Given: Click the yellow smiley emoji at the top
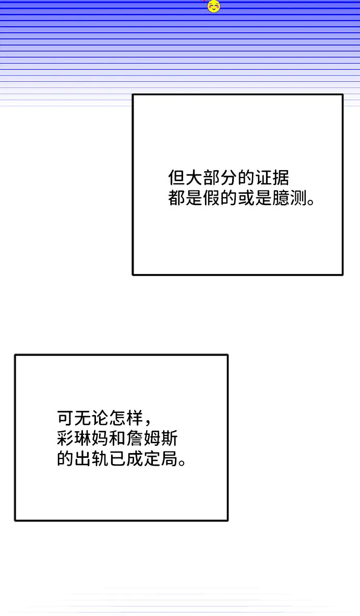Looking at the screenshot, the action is click(213, 6).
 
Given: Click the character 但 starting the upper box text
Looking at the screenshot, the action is click(176, 178).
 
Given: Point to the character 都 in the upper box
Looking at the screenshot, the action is click(176, 198).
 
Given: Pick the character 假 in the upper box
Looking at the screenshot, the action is click(211, 198).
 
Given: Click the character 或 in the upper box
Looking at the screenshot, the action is click(245, 198).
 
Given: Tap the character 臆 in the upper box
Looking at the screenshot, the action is click(280, 198).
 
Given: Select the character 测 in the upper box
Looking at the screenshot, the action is click(297, 198).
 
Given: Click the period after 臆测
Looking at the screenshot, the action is click(311, 203).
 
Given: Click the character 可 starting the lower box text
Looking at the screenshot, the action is click(65, 418).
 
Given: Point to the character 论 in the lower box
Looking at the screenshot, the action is click(100, 418).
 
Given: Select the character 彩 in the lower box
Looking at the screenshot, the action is click(65, 439).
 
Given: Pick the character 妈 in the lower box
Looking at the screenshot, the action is click(100, 439).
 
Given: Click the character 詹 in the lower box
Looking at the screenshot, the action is click(134, 439).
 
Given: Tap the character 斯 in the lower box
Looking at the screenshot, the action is click(169, 439).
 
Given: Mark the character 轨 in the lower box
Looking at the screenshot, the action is click(100, 459).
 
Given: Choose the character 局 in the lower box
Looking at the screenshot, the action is click(169, 459).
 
